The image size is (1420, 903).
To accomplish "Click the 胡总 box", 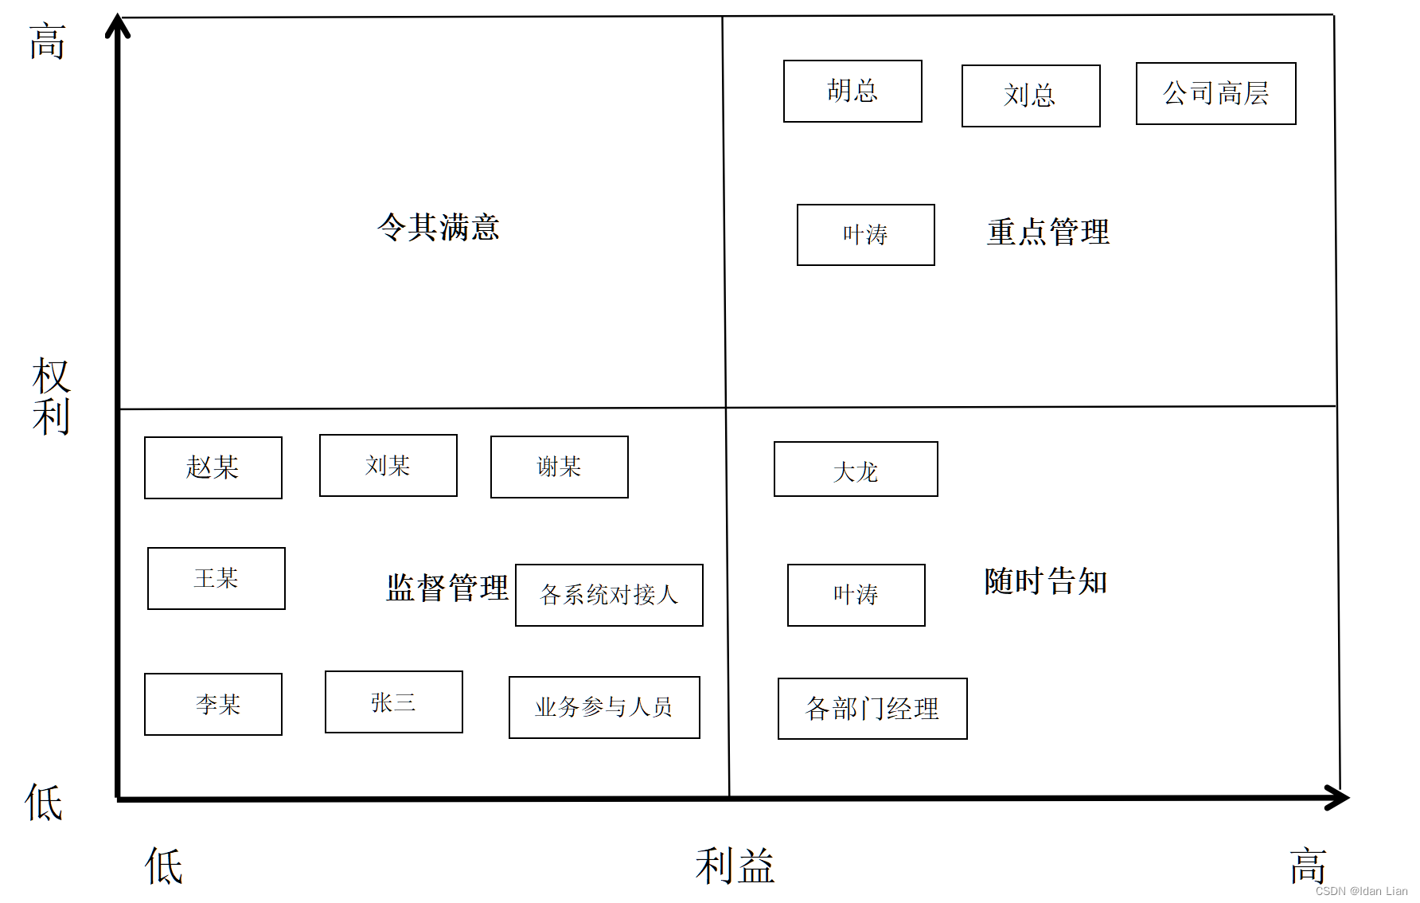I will click(x=852, y=91).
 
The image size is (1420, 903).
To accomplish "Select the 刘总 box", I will click(x=1031, y=96).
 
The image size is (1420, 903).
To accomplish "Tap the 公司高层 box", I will click(x=1215, y=93).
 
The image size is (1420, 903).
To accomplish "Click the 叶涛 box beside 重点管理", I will click(x=865, y=235).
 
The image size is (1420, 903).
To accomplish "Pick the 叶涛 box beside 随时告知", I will click(x=856, y=595).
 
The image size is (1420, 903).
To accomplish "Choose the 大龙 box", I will click(x=856, y=469).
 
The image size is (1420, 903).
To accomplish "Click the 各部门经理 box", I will click(x=872, y=709).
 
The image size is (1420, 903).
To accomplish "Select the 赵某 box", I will click(x=213, y=467).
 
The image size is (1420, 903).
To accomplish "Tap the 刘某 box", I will click(x=388, y=465).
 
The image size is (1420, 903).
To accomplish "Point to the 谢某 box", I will click(x=559, y=467).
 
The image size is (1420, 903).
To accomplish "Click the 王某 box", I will click(x=216, y=578).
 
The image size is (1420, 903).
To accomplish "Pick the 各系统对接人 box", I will click(x=609, y=595).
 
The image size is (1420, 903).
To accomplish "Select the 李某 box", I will click(x=213, y=704).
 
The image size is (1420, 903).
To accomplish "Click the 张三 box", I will click(x=393, y=702).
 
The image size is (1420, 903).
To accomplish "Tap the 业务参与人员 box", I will click(x=604, y=707).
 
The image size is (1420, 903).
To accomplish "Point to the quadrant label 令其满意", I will click(x=438, y=228).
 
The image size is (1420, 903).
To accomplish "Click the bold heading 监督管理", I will click(x=447, y=588).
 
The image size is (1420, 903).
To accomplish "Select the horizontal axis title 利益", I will click(x=734, y=866).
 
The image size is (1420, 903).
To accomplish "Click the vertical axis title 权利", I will click(x=52, y=397).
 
